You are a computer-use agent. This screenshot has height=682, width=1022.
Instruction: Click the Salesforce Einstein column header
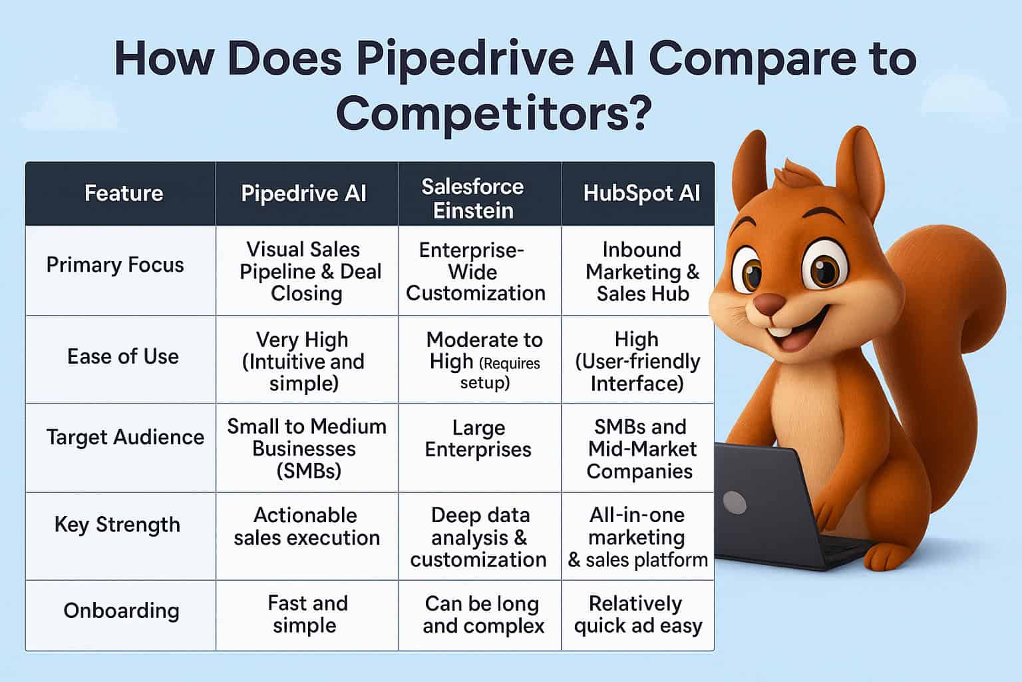(472, 198)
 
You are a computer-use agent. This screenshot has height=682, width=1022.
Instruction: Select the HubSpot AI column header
(641, 193)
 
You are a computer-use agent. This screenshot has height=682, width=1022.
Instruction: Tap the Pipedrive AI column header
(303, 193)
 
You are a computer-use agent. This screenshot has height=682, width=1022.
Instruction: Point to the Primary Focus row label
(115, 265)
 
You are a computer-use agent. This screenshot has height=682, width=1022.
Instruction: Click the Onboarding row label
(121, 611)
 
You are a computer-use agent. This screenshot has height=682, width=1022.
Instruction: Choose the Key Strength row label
(117, 525)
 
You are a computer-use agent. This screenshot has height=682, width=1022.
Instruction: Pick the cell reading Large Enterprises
(478, 438)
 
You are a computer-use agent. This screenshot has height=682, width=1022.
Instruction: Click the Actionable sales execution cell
(306, 526)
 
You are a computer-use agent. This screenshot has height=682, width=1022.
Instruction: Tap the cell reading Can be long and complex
(482, 614)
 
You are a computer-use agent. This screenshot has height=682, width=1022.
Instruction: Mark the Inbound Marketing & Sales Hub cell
(642, 271)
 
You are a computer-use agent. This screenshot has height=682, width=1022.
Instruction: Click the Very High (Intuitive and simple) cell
(303, 361)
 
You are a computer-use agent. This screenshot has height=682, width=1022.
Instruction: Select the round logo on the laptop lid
(734, 502)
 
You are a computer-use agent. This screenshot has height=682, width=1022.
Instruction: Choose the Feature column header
(124, 193)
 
